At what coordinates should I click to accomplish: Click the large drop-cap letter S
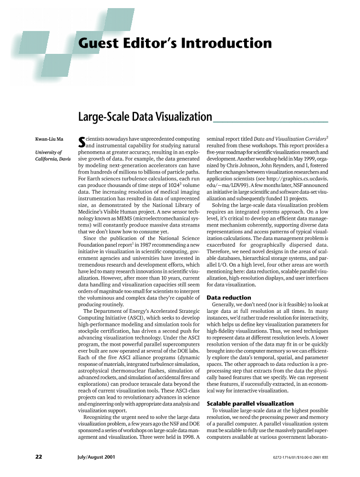(81, 142)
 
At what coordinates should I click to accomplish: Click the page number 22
(39, 456)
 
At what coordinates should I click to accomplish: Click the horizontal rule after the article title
(270, 121)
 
